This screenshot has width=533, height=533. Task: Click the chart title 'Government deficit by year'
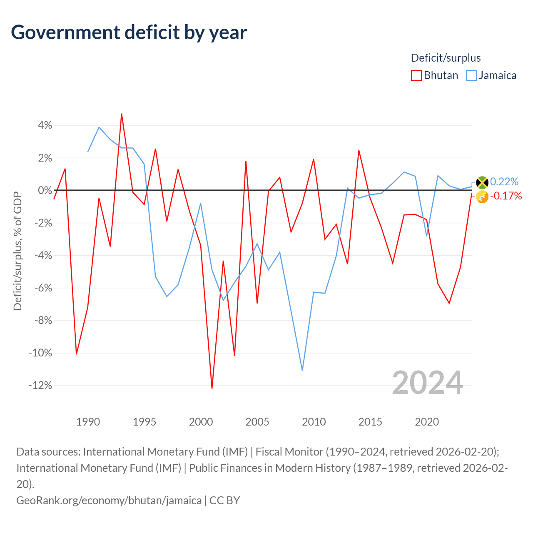pos(129,32)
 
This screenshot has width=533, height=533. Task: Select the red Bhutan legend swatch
pos(416,75)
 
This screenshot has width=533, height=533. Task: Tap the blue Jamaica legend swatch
pos(471,75)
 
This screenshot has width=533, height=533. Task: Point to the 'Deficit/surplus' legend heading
pos(446,58)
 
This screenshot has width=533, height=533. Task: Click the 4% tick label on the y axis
pos(45,125)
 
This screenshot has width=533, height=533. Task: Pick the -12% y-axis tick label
pos(40,385)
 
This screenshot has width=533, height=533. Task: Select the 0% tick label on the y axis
pos(45,190)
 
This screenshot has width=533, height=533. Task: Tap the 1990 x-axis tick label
pos(88,422)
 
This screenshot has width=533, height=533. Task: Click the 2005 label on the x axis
pos(257,422)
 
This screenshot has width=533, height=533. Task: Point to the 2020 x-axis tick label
pos(427,422)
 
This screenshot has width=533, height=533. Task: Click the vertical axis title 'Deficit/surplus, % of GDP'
pos(17,251)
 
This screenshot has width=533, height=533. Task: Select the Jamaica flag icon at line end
pos(482,182)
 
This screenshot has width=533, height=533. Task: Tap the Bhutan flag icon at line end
pos(482,197)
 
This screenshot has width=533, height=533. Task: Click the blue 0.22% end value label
pos(504,182)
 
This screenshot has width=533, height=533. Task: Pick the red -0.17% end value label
pos(506,196)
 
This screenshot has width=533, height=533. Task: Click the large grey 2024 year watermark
pos(427,383)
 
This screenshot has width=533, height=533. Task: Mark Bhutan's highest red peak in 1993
pos(122,114)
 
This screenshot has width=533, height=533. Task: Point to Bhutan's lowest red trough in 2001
pos(212,388)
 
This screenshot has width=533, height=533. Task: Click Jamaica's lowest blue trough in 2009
pos(302,370)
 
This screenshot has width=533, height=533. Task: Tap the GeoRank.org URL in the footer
pos(109,501)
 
